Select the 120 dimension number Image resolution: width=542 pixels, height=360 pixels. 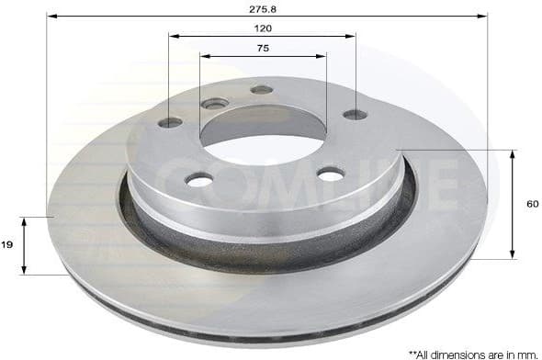[x=264, y=28]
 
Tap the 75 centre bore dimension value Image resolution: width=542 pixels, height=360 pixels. [x=264, y=48]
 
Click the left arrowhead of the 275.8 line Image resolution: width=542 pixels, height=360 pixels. [x=51, y=16]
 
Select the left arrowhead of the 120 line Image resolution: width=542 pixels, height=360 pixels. [x=174, y=37]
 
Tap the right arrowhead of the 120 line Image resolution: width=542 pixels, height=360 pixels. [x=352, y=37]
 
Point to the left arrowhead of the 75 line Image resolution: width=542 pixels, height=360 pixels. [x=204, y=56]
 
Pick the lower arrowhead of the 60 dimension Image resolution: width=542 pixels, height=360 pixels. [x=512, y=254]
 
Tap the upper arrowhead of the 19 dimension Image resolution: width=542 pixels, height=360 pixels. [x=26, y=221]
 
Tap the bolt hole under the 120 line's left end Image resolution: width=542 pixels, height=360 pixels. [x=170, y=123]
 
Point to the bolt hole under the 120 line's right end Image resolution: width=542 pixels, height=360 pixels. [x=354, y=115]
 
